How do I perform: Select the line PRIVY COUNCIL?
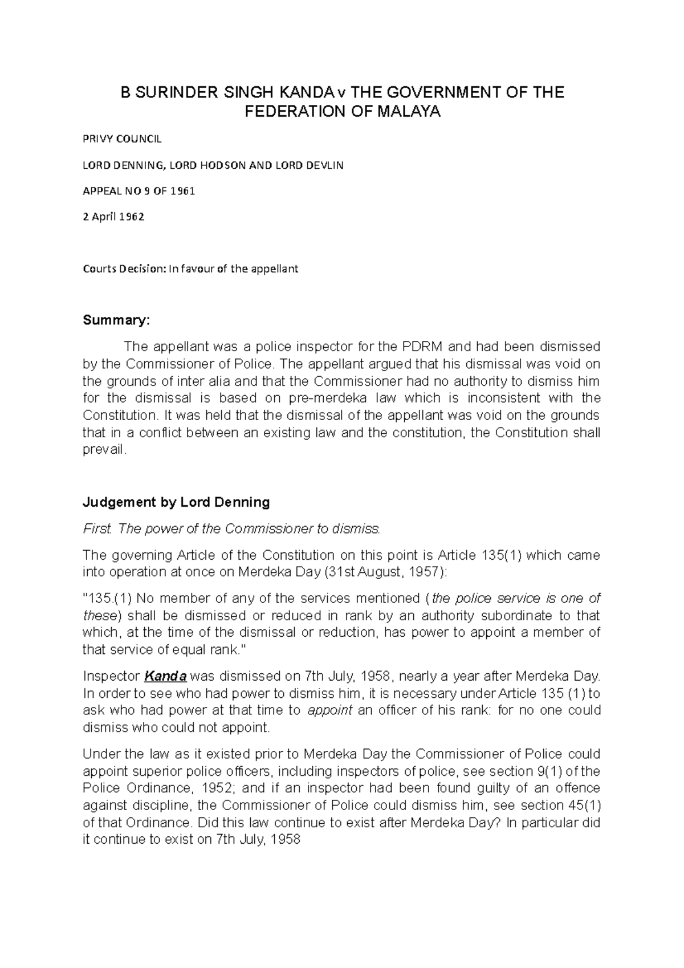[x=122, y=139]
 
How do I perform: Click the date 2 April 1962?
[x=113, y=217]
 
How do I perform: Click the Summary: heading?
[x=116, y=320]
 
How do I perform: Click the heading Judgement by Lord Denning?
[x=176, y=502]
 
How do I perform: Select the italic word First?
[x=96, y=529]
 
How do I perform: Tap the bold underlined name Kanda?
[x=165, y=677]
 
